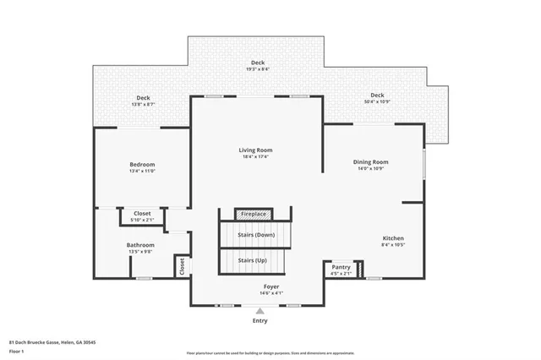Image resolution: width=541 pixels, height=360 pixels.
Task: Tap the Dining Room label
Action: [x=370, y=161]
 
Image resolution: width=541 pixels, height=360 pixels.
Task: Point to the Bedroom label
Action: [x=142, y=164]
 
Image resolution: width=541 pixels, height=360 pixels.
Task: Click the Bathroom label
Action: [x=140, y=244]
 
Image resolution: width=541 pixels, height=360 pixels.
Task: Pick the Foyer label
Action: [x=270, y=286]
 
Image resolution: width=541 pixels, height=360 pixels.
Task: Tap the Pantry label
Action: [x=341, y=266]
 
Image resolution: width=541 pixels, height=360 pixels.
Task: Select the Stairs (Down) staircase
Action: [x=255, y=234]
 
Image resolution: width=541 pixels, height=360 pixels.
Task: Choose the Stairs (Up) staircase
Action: [x=253, y=260]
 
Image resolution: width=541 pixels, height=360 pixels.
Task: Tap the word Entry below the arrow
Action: [x=260, y=321]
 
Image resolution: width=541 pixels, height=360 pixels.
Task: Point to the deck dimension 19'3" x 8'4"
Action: [x=258, y=69]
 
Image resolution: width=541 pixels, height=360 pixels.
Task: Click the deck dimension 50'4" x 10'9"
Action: [x=377, y=101]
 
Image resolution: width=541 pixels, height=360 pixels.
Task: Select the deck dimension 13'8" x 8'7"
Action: [x=143, y=104]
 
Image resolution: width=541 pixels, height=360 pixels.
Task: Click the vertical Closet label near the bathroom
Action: [x=181, y=265]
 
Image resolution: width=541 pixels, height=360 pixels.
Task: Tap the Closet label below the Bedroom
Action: [x=143, y=213]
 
